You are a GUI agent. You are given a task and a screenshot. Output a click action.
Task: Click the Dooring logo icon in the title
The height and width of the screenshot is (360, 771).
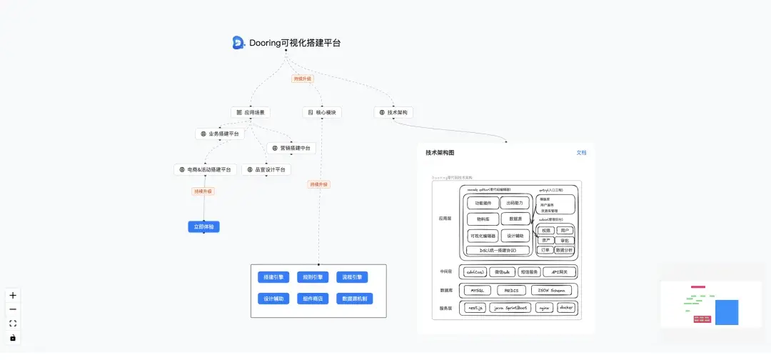[x=238, y=43]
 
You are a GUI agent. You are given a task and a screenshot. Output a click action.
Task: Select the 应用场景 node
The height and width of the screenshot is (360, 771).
[x=250, y=113]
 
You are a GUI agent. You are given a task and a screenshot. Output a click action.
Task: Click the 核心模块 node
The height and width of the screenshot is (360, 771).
[x=321, y=113]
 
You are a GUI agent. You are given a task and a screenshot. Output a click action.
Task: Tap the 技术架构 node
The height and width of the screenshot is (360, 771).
[x=393, y=113]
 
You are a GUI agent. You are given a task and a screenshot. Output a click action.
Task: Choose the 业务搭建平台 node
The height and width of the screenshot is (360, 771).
[x=221, y=134]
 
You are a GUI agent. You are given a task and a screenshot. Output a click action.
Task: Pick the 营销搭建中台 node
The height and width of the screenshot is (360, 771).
[x=291, y=149]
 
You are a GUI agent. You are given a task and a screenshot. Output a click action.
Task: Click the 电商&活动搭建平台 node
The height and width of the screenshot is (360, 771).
[x=205, y=170]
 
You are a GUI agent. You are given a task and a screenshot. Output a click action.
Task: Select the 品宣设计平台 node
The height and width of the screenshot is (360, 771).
[x=266, y=170]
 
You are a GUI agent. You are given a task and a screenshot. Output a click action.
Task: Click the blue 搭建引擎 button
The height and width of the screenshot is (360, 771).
[x=273, y=277]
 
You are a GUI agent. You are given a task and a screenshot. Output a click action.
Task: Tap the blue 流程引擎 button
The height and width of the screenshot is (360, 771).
[x=352, y=277]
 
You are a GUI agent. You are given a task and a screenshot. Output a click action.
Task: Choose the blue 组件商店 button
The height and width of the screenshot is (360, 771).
[x=313, y=299]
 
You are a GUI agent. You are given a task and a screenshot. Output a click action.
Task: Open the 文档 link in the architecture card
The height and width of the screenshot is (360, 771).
[x=581, y=153]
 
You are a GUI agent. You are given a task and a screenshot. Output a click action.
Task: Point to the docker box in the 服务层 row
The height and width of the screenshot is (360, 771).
[x=566, y=308]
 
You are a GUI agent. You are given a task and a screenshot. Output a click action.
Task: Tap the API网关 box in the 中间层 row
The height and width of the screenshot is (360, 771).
[x=560, y=272]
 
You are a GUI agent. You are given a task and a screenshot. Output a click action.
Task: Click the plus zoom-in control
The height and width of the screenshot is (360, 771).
[x=13, y=296]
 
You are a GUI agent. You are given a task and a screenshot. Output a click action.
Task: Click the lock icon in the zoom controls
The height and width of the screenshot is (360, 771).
[x=13, y=338]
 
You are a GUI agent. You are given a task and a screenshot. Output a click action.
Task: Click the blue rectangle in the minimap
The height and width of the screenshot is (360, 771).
[x=727, y=312]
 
